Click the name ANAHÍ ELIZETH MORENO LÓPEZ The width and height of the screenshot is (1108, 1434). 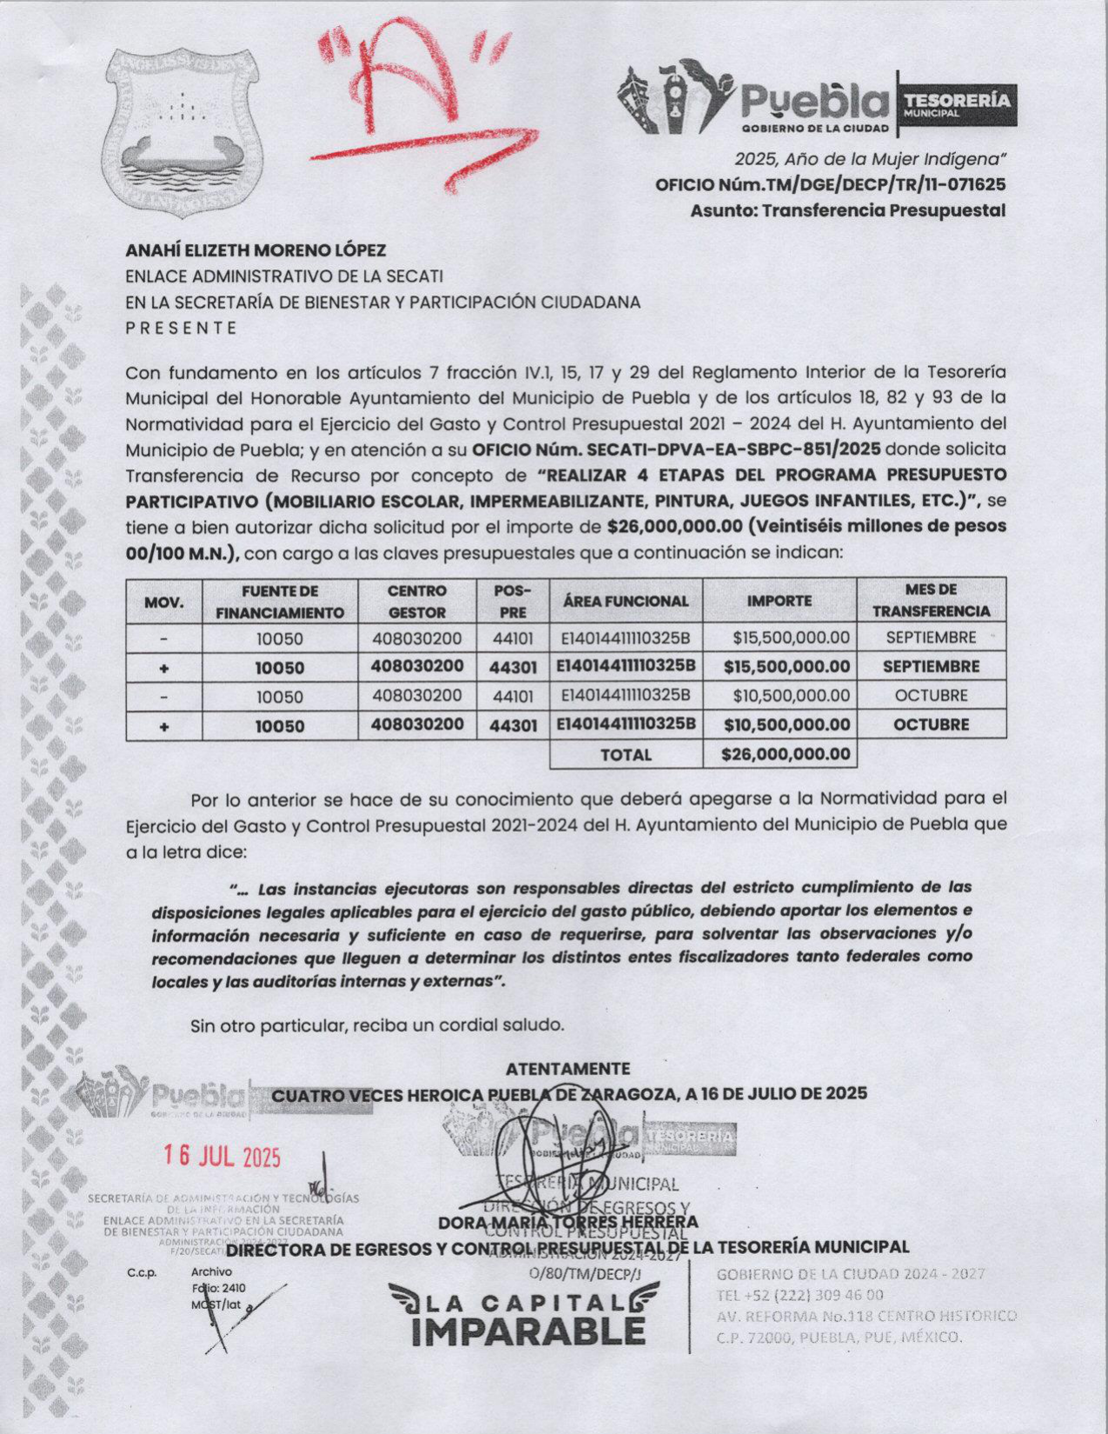pyautogui.click(x=255, y=251)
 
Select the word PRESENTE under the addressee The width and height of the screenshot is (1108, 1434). pyautogui.click(x=181, y=328)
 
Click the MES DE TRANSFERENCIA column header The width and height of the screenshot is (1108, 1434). pyautogui.click(x=931, y=601)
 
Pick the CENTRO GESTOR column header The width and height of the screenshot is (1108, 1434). pyautogui.click(x=417, y=601)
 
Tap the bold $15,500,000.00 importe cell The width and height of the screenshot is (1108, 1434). pyautogui.click(x=786, y=667)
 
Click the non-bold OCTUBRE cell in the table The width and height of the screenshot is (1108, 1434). pyautogui.click(x=931, y=695)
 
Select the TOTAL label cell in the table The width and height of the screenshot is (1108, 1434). pyautogui.click(x=626, y=754)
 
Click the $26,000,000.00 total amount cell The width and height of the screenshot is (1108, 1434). pyautogui.click(x=786, y=754)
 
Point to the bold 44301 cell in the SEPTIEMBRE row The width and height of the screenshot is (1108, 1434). pyautogui.click(x=512, y=667)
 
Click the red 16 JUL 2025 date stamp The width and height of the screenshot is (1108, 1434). pyautogui.click(x=223, y=1156)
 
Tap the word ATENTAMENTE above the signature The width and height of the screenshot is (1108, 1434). pyautogui.click(x=568, y=1068)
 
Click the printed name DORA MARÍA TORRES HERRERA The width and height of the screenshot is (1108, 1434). pyautogui.click(x=568, y=1223)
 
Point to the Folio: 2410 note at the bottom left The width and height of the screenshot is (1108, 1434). pyautogui.click(x=218, y=1288)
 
